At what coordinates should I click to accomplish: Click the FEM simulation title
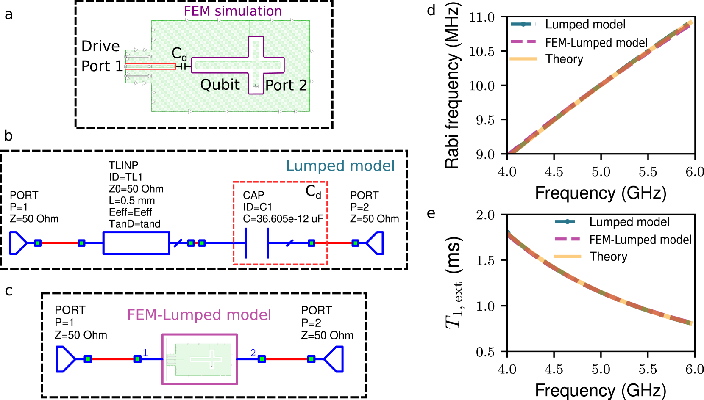pyautogui.click(x=233, y=11)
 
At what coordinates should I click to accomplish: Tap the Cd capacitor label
pyautogui.click(x=179, y=54)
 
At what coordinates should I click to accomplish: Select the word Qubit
pyautogui.click(x=220, y=85)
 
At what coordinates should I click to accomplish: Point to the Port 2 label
pyautogui.click(x=286, y=86)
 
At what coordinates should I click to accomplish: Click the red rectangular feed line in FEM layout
pyautogui.click(x=150, y=66)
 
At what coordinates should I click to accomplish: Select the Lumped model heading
pyautogui.click(x=340, y=166)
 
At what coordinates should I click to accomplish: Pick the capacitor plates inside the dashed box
pyautogui.click(x=257, y=243)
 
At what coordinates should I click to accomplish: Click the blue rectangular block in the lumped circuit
pyautogui.click(x=136, y=243)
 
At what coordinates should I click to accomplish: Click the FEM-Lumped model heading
pyautogui.click(x=199, y=315)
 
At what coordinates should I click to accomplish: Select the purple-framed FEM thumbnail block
pyautogui.click(x=200, y=359)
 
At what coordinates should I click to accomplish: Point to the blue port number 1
pyautogui.click(x=145, y=353)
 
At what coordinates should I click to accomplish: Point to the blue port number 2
pyautogui.click(x=253, y=353)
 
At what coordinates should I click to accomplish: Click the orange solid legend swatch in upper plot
pyautogui.click(x=523, y=59)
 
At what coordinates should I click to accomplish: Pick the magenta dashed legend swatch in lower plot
pyautogui.click(x=567, y=239)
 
